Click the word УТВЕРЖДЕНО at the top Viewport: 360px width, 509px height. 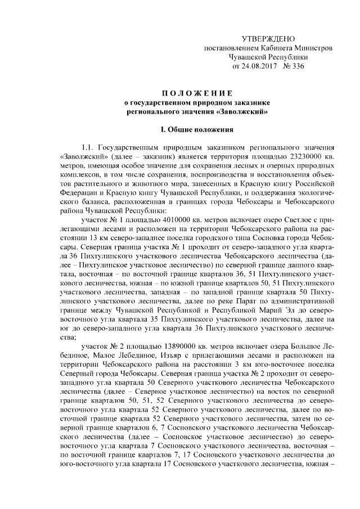pos(268,39)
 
